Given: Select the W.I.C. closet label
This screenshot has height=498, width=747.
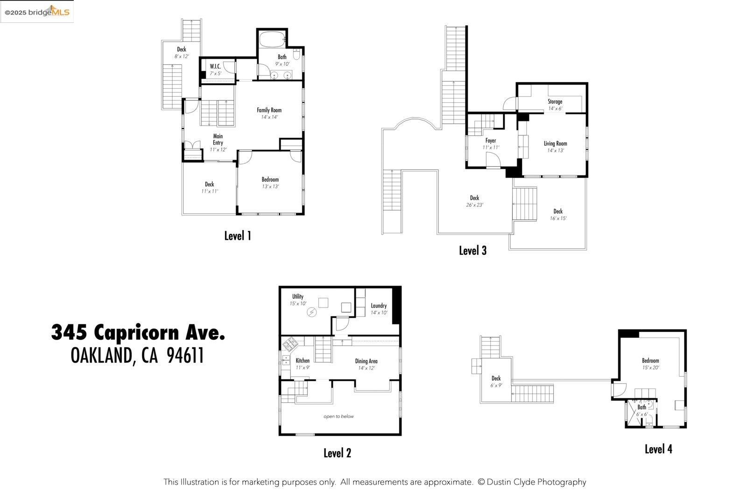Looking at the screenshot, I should click(215, 70).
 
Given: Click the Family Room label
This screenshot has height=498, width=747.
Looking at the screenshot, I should click(269, 113).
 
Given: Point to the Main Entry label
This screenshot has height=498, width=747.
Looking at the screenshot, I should click(218, 143).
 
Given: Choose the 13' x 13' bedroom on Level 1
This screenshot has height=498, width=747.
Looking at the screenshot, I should click(270, 182).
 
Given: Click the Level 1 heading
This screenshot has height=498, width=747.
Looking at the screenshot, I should click(238, 236).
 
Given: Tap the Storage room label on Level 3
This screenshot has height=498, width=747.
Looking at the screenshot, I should click(555, 105).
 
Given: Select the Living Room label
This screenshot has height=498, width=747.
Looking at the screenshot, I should click(555, 147).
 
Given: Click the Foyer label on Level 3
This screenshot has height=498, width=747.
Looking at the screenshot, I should click(490, 144).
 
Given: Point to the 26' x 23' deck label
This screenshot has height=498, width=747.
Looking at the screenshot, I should click(474, 201).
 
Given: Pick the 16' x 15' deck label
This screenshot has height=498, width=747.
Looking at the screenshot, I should click(558, 214).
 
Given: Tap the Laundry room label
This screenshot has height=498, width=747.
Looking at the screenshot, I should click(379, 309).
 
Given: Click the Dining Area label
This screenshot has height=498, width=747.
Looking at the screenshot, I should click(366, 364).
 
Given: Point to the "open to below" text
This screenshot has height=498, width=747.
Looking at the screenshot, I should click(338, 416).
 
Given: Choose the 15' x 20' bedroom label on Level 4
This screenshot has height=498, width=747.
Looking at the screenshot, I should click(650, 364).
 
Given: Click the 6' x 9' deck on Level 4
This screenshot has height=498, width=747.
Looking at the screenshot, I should click(496, 381).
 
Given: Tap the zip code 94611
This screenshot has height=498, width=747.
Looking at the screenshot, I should click(185, 356).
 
